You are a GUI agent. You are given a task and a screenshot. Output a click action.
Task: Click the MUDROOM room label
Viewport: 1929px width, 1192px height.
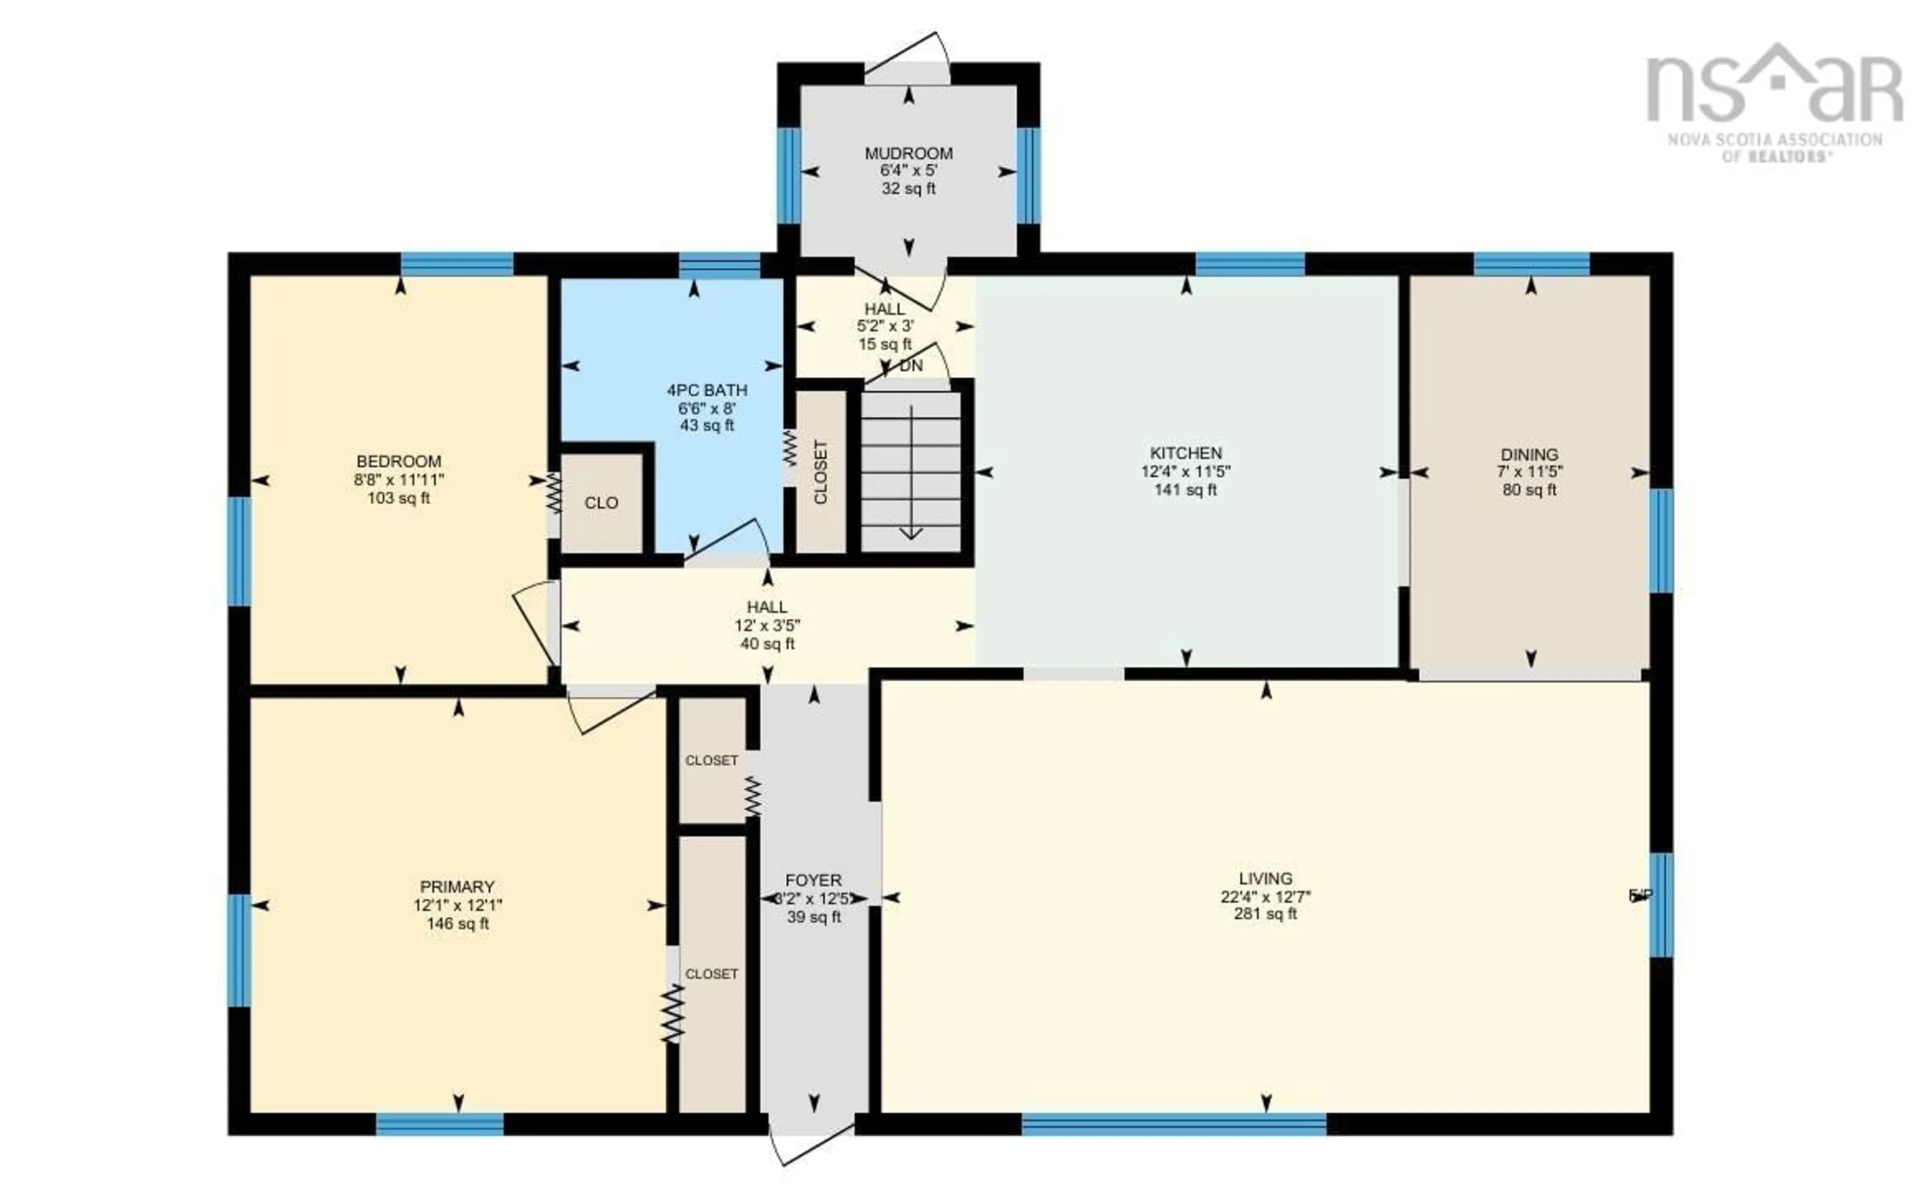point(908,153)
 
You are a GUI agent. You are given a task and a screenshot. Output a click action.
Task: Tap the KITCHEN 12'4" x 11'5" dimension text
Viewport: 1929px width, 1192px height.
point(1186,472)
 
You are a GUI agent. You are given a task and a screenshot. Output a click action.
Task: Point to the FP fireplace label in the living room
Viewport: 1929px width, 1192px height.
point(1640,895)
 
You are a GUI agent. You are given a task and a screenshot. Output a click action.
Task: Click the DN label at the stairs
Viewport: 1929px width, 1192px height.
point(911,366)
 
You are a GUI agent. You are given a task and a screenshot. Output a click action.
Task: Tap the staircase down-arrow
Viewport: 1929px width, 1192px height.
point(911,473)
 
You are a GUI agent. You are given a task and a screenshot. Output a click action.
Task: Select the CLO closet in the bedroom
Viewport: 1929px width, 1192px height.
point(601,503)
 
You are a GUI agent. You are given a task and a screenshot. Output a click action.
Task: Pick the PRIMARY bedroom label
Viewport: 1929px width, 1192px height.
point(457,886)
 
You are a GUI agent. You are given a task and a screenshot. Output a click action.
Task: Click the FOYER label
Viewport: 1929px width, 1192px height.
point(813,880)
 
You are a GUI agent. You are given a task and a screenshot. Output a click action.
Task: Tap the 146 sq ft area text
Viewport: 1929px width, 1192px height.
point(457,923)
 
